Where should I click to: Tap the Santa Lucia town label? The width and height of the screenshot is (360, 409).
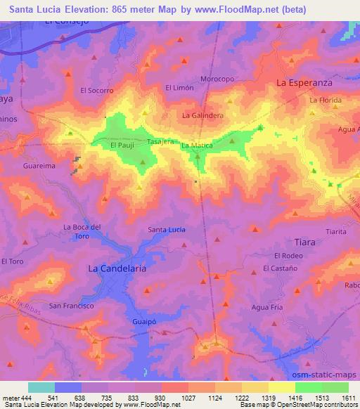pyautogui.click(x=167, y=230)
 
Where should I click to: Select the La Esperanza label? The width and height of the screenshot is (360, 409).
pyautogui.click(x=304, y=82)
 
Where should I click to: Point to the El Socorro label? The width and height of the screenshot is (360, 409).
pyautogui.click(x=97, y=91)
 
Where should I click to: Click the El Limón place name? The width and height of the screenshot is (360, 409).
pyautogui.click(x=179, y=87)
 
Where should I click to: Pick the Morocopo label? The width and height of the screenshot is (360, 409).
pyautogui.click(x=217, y=79)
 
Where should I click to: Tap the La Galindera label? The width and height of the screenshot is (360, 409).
pyautogui.click(x=202, y=115)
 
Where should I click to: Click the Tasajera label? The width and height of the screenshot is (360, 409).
pyautogui.click(x=160, y=141)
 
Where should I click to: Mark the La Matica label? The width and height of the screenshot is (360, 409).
pyautogui.click(x=197, y=145)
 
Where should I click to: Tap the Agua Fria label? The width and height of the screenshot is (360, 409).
pyautogui.click(x=266, y=307)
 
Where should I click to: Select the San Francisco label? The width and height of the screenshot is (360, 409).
pyautogui.click(x=71, y=306)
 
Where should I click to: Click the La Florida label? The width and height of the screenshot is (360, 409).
pyautogui.click(x=325, y=101)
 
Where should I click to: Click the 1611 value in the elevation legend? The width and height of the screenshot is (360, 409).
pyautogui.click(x=349, y=398)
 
